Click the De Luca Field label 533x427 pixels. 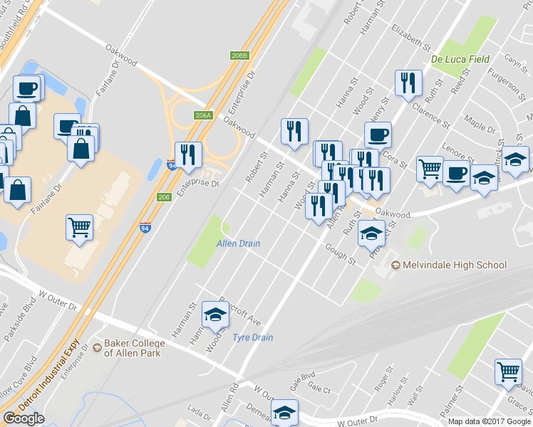pyautogui.click(x=460, y=59)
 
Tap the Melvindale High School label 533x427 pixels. pyautogui.click(x=454, y=265)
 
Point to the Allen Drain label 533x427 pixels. pyautogui.click(x=238, y=243)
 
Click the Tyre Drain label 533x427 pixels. pyautogui.click(x=253, y=337)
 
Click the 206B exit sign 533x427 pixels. pyautogui.click(x=239, y=56)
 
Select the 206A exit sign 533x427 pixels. pyautogui.click(x=203, y=115)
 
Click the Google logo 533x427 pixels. pyautogui.click(x=24, y=418)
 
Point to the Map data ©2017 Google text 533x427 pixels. pyautogui.click(x=490, y=421)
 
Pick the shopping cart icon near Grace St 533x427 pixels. pyautogui.click(x=508, y=372)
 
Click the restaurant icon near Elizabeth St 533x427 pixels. pyautogui.click(x=408, y=83)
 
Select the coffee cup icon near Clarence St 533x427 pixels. pyautogui.click(x=378, y=134)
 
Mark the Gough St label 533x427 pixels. pyautogui.click(x=340, y=253)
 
